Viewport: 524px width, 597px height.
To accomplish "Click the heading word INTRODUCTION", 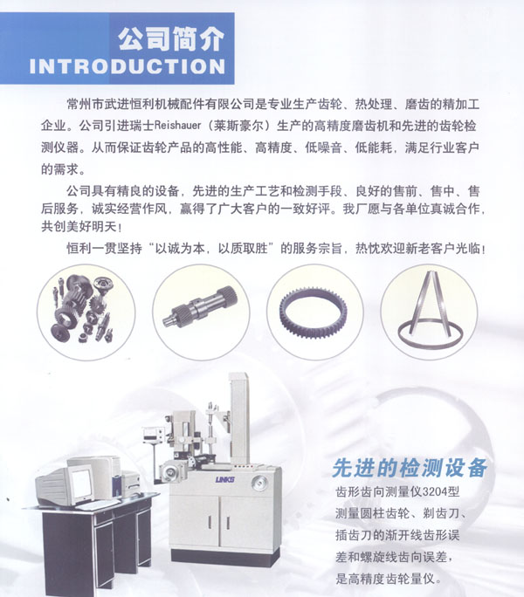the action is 128,66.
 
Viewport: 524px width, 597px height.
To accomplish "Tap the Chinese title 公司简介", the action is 170,38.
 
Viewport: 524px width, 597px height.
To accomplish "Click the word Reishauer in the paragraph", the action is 177,126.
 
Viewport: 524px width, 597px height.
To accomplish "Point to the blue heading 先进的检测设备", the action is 410,468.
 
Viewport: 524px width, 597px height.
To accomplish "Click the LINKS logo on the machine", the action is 224,479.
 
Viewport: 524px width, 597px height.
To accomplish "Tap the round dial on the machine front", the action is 259,483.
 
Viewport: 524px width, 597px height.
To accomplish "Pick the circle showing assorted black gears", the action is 86,312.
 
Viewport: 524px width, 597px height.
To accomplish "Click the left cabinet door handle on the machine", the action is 210,522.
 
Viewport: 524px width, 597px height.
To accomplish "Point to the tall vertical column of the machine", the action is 239,419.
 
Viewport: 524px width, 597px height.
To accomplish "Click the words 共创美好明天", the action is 79,227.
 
